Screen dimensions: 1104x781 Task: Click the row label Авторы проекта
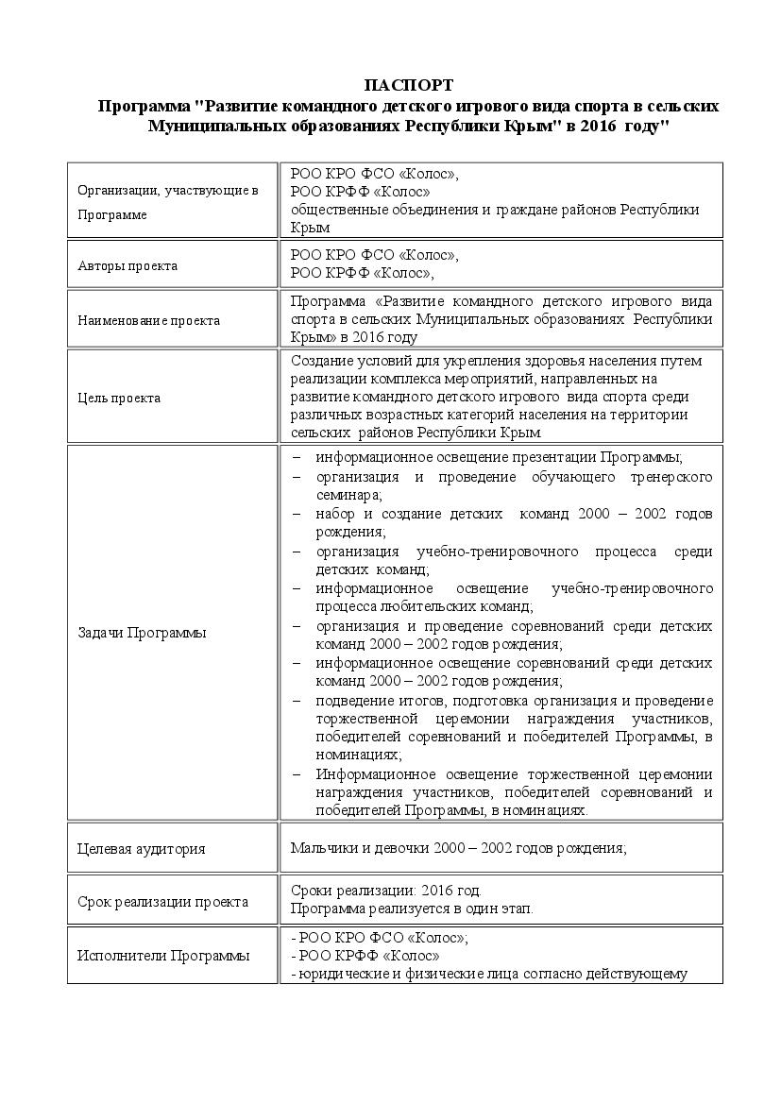(127, 265)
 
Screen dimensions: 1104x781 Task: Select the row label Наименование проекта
(148, 320)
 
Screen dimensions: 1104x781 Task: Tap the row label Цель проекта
(119, 398)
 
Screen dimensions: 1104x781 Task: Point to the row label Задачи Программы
(142, 633)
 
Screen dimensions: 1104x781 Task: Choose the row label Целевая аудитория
(142, 848)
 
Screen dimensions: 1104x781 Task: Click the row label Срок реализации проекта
(162, 902)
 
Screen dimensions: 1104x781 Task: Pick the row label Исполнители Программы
(163, 956)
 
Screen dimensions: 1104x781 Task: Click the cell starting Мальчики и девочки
(458, 848)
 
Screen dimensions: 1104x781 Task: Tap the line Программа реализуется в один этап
(412, 909)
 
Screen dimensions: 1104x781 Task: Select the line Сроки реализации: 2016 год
(385, 891)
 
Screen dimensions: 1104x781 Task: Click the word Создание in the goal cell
(320, 361)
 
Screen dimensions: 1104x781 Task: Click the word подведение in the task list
(352, 700)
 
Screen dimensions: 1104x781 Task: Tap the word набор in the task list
(335, 514)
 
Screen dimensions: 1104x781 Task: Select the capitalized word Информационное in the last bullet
(368, 774)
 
